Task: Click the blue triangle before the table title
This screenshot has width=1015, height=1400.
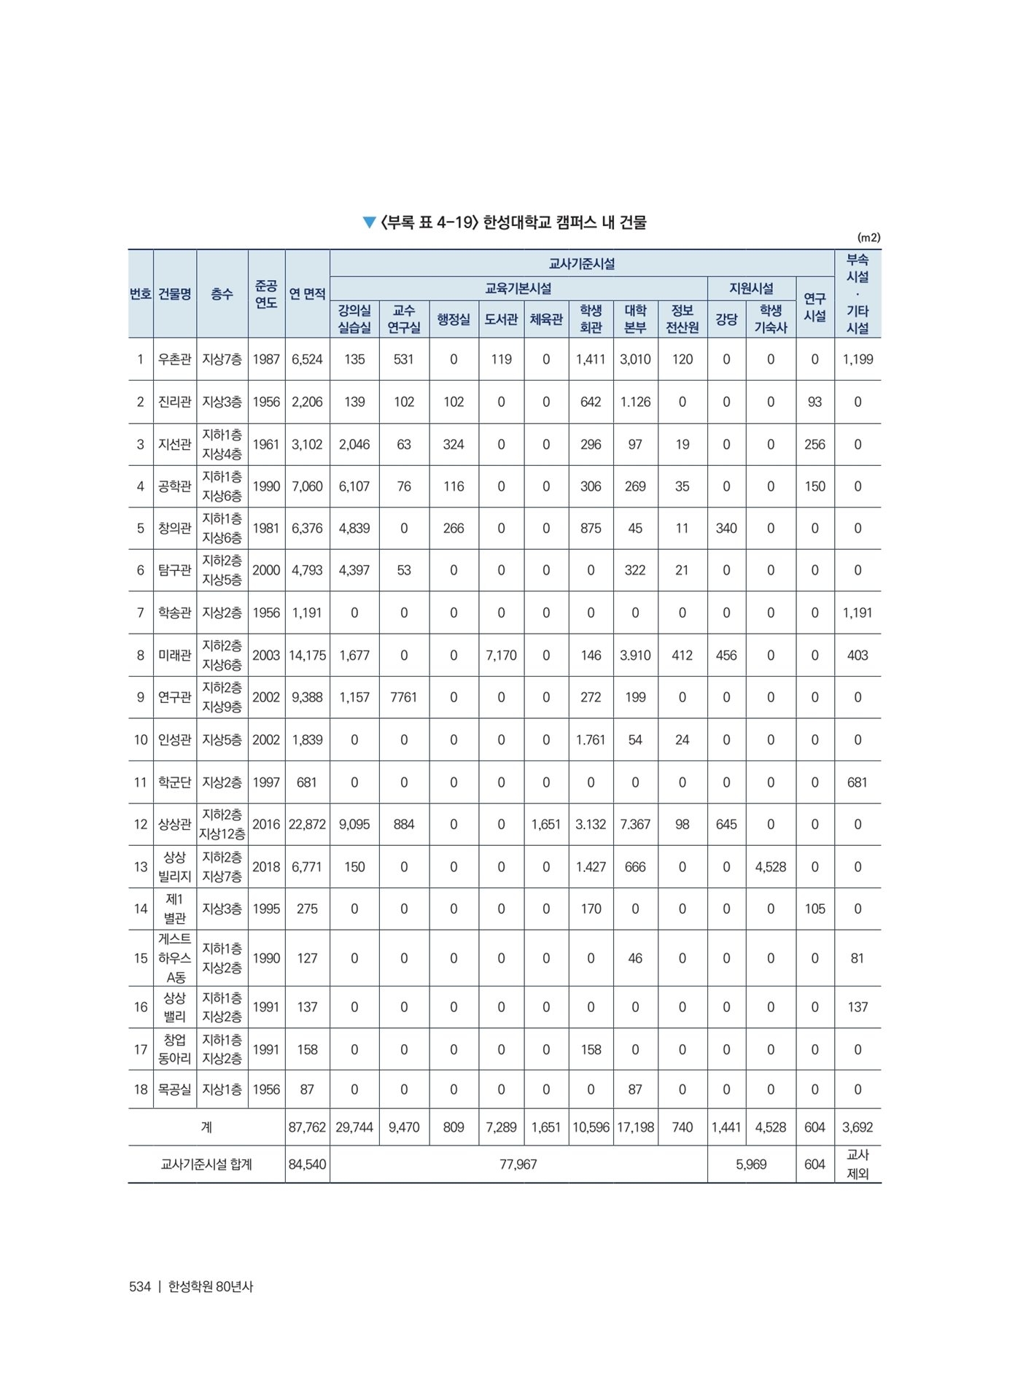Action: pos(370,222)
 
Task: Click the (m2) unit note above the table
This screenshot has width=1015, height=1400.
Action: pos(868,238)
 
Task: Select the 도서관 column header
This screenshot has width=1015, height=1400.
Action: pos(501,319)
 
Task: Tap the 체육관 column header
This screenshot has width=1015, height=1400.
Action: pos(545,319)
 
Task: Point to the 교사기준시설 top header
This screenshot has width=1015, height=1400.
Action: pos(581,263)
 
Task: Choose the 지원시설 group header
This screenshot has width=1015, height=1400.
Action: pos(751,288)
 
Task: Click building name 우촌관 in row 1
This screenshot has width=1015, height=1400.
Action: pos(174,359)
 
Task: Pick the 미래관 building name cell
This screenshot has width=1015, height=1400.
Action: pos(174,655)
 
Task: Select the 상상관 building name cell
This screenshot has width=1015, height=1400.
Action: pos(174,824)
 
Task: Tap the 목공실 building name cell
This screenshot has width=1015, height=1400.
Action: pos(174,1089)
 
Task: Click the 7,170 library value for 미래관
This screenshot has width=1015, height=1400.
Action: pos(501,655)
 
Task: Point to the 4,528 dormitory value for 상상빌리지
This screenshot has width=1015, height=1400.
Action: pos(770,867)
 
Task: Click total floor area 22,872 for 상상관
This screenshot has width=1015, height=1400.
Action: pos(307,824)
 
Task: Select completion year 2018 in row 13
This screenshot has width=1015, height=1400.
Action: pos(266,867)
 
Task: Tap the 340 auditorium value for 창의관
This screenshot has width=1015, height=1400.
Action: pos(726,528)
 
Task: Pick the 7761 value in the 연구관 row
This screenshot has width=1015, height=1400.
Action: pos(403,697)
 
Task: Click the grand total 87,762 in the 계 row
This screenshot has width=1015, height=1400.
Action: pos(307,1127)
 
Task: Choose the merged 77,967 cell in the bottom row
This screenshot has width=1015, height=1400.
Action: pos(518,1164)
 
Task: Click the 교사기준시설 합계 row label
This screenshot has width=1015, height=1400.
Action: pos(206,1164)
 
